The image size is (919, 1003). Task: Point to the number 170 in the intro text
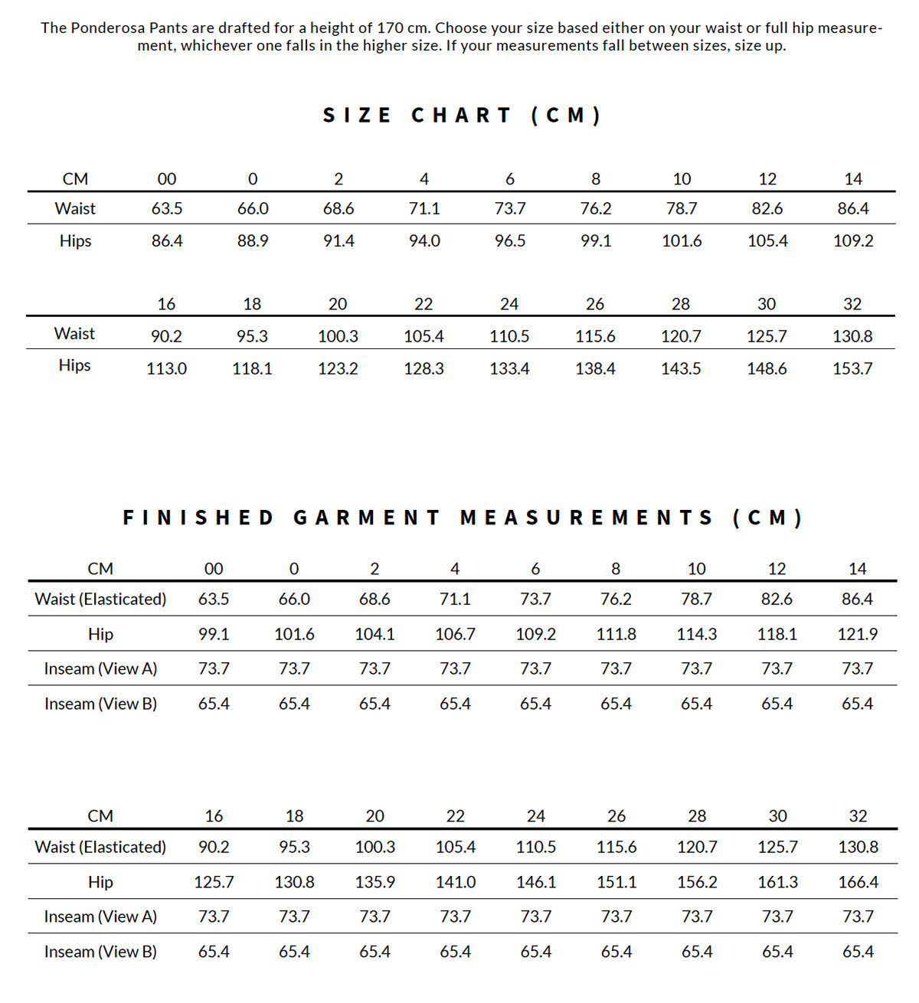[x=391, y=28]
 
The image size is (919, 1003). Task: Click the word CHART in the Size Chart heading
[x=462, y=116]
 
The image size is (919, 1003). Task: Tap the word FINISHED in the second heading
[x=198, y=518]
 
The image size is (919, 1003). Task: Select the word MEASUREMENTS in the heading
[x=587, y=518]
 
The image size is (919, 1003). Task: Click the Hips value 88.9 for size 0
[x=253, y=241]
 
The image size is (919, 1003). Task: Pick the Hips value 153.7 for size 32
[x=852, y=368]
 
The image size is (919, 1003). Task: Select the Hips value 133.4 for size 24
[x=509, y=368]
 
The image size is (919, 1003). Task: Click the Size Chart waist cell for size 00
[x=167, y=208]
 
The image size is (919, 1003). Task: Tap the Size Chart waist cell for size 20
[x=338, y=336]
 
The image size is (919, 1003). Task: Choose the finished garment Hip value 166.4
[x=858, y=882]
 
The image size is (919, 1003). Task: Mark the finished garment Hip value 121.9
[x=857, y=634]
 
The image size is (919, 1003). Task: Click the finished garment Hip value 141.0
[x=456, y=882]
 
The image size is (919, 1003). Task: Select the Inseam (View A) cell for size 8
[x=616, y=668]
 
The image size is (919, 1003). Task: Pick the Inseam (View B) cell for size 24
[x=536, y=952]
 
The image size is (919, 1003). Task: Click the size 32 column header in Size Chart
[x=852, y=304]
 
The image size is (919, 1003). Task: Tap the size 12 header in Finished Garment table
[x=777, y=569]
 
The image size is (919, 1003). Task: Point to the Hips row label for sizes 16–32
[x=74, y=365]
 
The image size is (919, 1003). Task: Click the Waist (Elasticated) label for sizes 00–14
[x=100, y=599]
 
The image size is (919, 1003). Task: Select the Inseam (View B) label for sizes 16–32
[x=100, y=952]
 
